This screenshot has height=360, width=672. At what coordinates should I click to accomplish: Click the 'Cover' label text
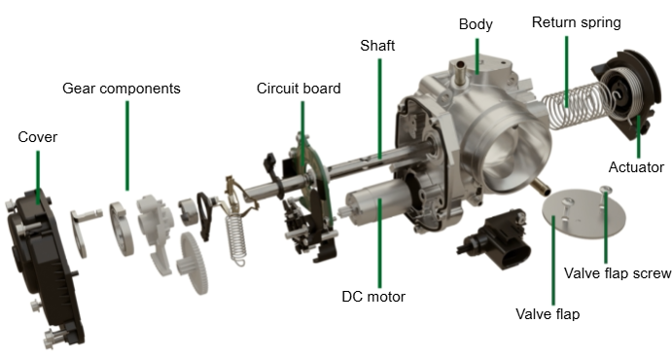38,137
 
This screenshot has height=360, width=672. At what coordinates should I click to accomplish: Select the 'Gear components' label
122,89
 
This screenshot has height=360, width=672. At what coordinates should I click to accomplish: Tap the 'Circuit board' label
299,89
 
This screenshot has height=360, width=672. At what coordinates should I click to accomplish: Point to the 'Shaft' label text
377,46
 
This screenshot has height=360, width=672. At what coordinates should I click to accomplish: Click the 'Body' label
476,24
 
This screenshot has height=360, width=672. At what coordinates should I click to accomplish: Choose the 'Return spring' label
577,22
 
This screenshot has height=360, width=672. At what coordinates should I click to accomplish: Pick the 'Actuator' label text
636,167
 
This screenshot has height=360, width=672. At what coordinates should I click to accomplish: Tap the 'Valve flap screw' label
618,273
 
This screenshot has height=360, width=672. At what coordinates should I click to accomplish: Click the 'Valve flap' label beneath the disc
548,314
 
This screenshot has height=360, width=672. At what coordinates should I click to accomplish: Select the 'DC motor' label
373,297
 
